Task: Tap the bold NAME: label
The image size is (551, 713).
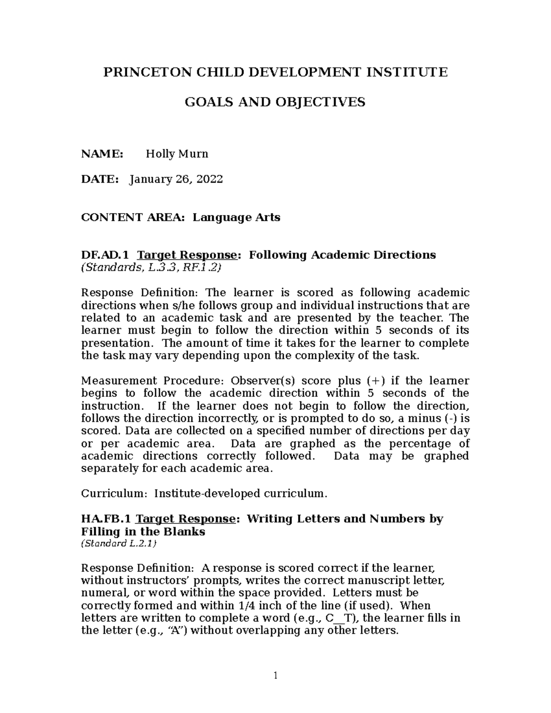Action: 102,154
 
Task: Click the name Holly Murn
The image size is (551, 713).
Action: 177,154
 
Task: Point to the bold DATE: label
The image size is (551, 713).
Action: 100,179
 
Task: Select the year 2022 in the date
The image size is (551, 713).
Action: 209,179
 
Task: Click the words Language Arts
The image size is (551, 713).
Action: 236,217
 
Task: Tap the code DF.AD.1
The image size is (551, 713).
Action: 105,255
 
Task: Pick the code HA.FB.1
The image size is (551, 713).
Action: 107,519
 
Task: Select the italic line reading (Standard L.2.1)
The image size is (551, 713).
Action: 118,544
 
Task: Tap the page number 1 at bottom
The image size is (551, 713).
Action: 275,675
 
